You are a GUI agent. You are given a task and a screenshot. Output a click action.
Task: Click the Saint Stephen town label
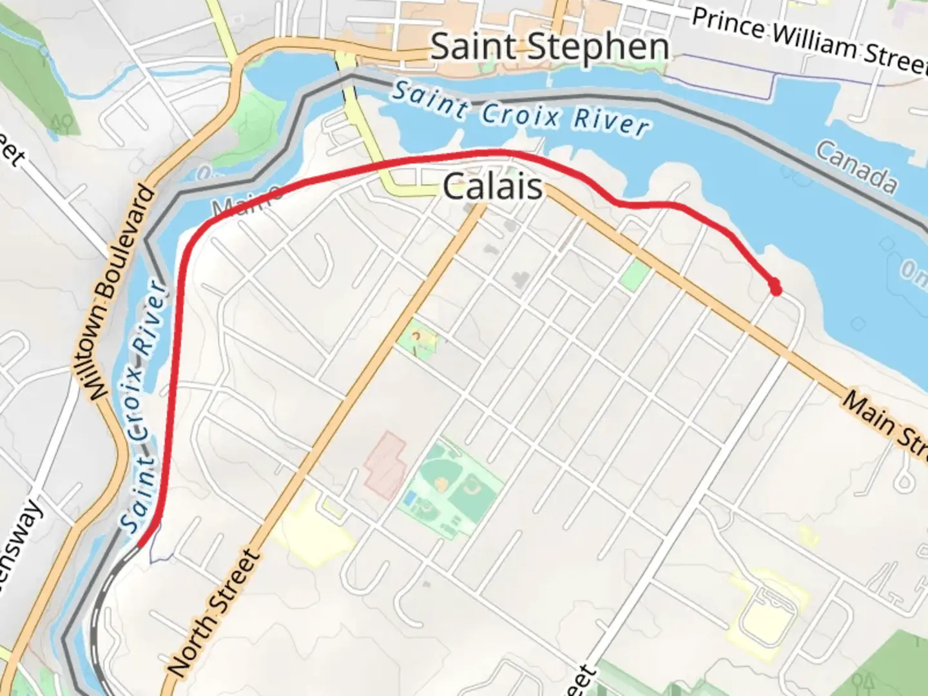pyautogui.click(x=549, y=47)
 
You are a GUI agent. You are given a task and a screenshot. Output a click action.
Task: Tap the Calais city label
pyautogui.click(x=493, y=188)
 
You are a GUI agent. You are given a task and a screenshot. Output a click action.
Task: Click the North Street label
pyautogui.click(x=215, y=613)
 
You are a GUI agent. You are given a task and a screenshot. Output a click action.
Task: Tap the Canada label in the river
pyautogui.click(x=856, y=167)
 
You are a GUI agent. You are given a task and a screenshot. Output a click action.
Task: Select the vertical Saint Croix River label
pyautogui.click(x=143, y=406)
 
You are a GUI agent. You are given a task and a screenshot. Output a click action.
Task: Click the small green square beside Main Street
pyautogui.click(x=634, y=275)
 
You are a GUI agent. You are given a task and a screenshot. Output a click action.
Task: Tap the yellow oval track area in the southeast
pyautogui.click(x=769, y=613)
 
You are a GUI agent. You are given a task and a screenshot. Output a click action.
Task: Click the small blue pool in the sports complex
pyautogui.click(x=409, y=498)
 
